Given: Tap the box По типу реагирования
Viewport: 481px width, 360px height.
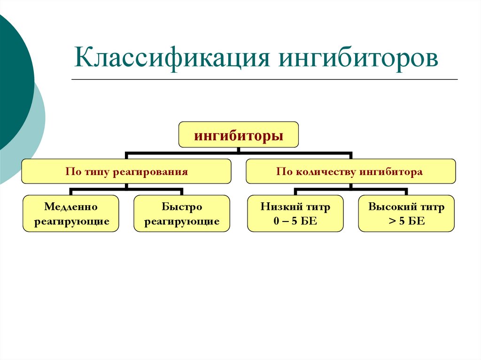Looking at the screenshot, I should point(126,171).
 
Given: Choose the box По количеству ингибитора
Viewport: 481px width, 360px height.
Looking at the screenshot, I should point(350,171).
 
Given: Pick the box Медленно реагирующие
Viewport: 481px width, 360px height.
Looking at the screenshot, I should point(71,214).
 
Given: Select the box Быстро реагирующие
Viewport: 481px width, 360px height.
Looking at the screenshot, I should point(182,214).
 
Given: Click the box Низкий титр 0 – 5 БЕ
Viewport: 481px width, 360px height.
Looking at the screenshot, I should point(295,214).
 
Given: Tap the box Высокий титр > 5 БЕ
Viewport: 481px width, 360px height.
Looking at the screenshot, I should point(406,214).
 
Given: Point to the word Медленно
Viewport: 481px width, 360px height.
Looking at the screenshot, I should point(71,207).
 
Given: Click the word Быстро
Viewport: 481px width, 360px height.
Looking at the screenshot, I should point(182,207).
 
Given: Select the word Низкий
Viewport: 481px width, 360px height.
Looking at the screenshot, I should point(279,207).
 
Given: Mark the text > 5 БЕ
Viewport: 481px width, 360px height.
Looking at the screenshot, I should point(407,221).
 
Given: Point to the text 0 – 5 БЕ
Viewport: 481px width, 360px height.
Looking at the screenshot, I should point(295,221).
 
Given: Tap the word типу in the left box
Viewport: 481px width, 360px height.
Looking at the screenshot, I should point(94,172).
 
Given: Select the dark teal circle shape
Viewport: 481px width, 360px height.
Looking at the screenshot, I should point(12,80).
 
